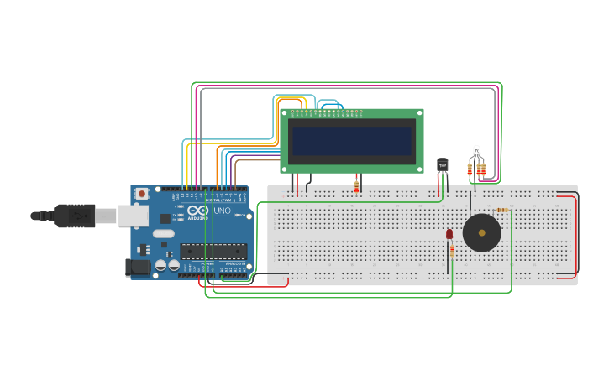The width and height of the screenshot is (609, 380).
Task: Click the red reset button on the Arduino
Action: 141,194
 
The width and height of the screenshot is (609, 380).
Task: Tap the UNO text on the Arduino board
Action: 223,211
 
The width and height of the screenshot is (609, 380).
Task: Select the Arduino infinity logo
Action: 197,211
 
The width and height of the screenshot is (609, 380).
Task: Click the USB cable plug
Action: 75,216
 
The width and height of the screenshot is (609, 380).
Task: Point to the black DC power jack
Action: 137,268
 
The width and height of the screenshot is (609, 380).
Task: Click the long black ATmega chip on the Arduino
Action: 213,250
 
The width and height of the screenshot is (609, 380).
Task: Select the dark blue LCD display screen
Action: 351,140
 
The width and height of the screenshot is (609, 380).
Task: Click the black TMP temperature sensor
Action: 443,165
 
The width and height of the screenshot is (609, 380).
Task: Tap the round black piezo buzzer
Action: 482,232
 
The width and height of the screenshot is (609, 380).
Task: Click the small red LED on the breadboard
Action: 449,234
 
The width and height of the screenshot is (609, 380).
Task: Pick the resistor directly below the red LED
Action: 452,250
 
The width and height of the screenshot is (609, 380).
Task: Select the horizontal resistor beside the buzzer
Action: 502,210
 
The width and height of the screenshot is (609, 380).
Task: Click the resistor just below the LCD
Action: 356,186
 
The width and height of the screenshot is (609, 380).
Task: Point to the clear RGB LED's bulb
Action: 476,151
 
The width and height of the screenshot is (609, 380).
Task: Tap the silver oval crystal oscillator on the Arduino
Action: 163,234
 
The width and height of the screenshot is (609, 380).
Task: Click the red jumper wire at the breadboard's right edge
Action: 575,235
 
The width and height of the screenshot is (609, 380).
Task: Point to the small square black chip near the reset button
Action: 143,249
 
